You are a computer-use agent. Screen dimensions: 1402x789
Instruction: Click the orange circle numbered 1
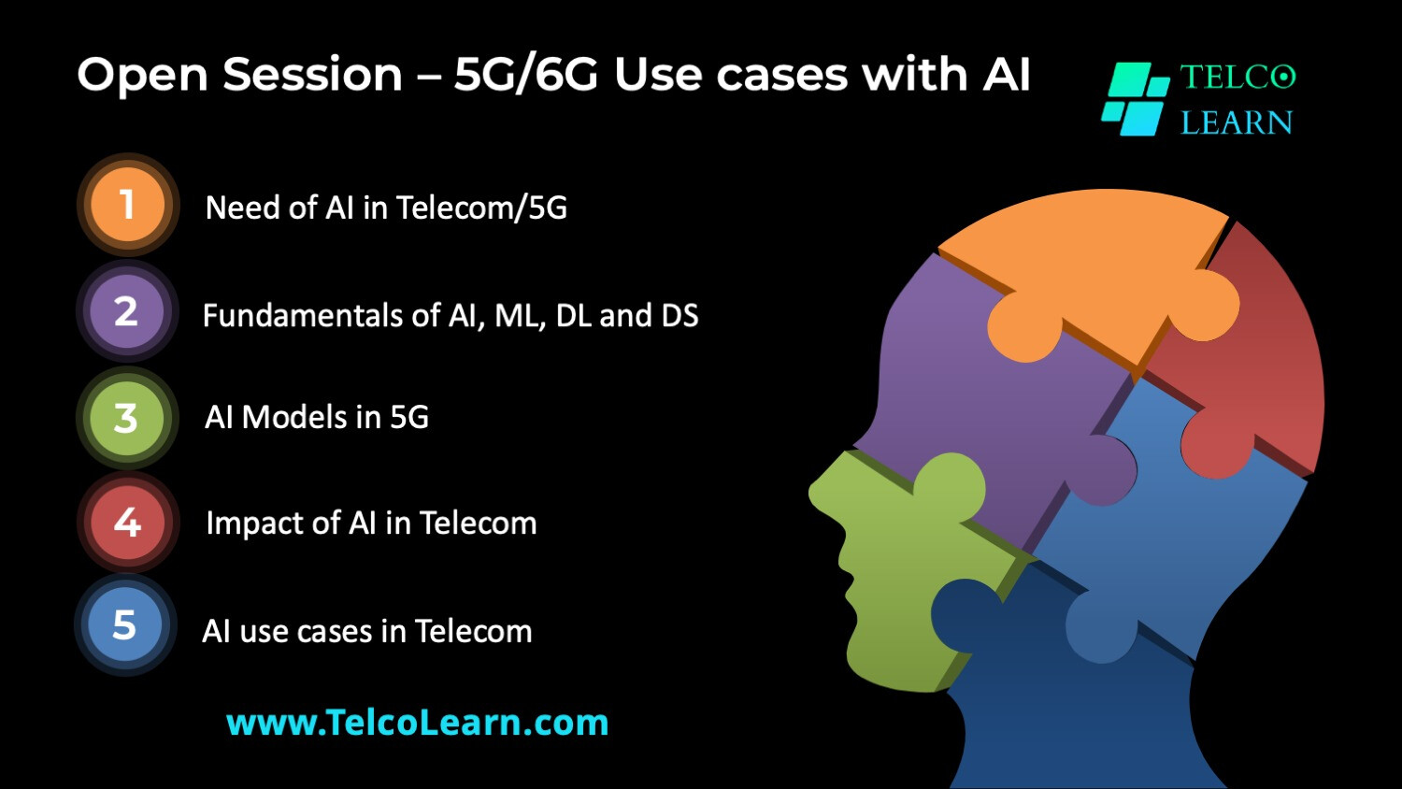[x=128, y=205]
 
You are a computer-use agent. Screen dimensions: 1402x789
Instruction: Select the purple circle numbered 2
[x=127, y=311]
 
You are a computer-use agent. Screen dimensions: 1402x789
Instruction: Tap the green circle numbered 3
[x=127, y=418]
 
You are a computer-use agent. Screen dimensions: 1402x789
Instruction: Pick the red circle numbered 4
[x=128, y=523]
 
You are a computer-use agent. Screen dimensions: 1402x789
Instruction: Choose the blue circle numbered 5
[x=125, y=625]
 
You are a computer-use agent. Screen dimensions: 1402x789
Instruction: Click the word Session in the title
[x=312, y=75]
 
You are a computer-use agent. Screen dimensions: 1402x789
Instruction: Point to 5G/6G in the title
[x=525, y=75]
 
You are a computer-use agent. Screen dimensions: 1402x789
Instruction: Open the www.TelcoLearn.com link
[x=417, y=722]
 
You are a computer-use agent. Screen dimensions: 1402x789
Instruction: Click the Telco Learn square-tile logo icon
[x=1136, y=99]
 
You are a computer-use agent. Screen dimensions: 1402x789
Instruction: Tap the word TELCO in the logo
[x=1237, y=78]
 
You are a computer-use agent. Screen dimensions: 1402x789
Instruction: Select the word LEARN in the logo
[x=1237, y=122]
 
